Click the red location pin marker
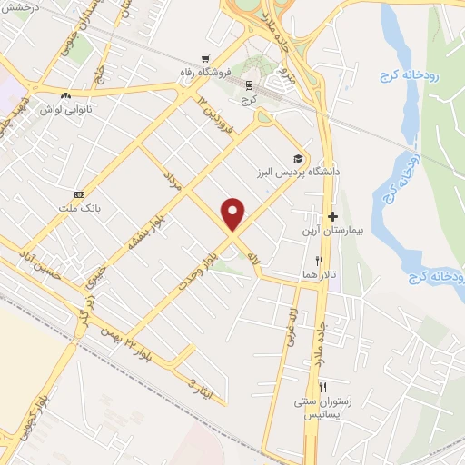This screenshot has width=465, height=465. pos(234,214)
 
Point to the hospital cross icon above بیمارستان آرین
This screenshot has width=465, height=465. pos(332,217)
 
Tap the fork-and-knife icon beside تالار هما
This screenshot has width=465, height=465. pos(319,261)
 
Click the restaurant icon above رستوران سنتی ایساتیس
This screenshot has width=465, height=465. pos(322,386)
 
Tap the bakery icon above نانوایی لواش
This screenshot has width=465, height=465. pos(64,95)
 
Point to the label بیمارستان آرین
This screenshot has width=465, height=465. pos(327,232)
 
